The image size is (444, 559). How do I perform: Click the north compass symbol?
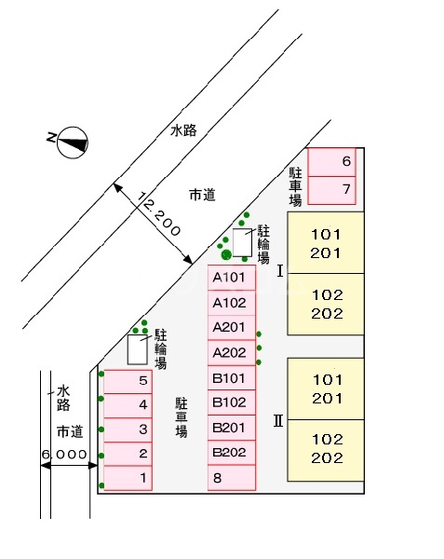point(73,143)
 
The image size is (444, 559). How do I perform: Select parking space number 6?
point(331,162)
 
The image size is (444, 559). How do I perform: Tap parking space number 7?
point(331,190)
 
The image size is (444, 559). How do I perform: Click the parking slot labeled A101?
point(232,278)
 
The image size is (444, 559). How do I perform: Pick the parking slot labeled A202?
point(232,352)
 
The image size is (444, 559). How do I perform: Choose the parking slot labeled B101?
point(232,378)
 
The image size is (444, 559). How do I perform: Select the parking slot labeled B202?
point(232,453)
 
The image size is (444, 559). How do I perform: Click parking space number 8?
point(232,478)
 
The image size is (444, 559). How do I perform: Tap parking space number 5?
point(128,381)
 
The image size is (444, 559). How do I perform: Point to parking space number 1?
point(128,478)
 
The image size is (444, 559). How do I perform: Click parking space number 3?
point(128,429)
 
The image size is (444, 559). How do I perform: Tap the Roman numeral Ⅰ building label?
point(280,271)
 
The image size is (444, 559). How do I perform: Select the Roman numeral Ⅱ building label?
point(278,421)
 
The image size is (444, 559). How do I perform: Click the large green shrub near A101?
point(226,254)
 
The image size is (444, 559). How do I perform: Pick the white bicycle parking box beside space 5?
point(138,349)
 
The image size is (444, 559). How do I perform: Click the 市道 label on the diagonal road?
point(202,196)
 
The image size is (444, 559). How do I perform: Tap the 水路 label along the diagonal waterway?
point(183,130)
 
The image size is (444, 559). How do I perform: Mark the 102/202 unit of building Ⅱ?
point(326,451)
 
